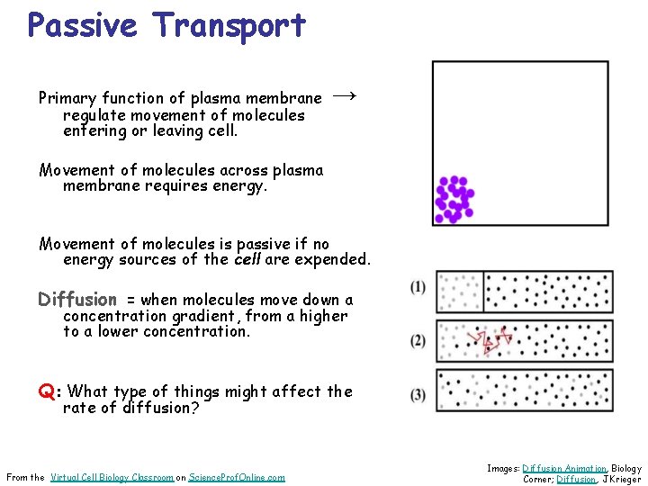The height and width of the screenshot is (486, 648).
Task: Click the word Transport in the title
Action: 229,25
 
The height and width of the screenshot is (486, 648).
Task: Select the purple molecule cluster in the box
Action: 454,199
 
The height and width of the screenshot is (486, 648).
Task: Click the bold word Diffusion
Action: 77,300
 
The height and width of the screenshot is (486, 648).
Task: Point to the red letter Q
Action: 46,391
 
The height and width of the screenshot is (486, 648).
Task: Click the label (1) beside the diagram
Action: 418,287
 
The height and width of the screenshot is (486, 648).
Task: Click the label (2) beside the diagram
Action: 418,340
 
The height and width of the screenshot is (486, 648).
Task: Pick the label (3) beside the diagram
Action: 418,394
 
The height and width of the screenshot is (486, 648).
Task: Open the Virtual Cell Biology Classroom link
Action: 112,477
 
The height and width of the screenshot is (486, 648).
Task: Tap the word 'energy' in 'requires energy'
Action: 240,186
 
